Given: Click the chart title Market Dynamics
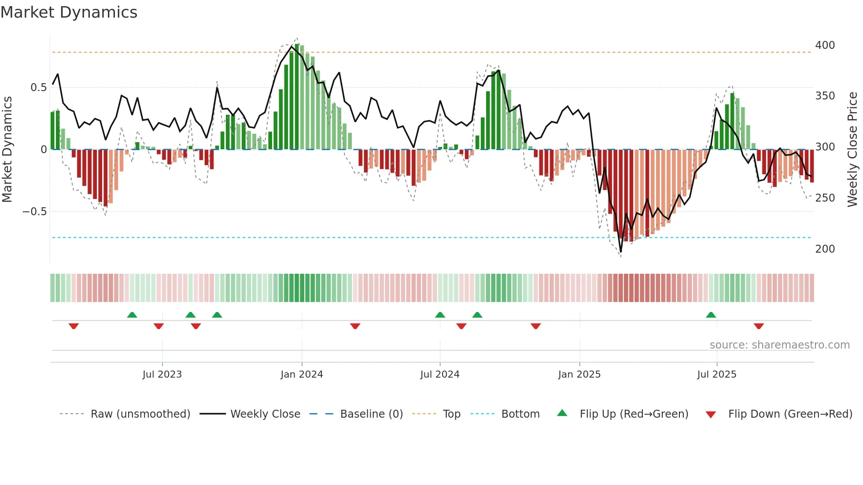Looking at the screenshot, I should point(69,12).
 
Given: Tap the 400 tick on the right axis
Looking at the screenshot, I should point(825,45).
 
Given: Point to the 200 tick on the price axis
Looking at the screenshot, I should point(825,249).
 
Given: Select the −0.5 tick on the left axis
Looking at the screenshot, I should point(34,212).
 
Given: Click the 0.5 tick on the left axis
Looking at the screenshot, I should point(38,88).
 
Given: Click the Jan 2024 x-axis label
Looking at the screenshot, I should point(302,375).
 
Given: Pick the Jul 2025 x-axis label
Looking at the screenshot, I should point(716,375).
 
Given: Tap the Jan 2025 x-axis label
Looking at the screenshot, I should point(579,375).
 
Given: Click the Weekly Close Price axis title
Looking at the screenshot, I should point(852,150).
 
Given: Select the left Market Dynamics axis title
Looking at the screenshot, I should point(7,150).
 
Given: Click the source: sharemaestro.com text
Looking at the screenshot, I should point(779,345).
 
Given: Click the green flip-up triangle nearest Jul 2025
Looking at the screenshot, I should point(711,315).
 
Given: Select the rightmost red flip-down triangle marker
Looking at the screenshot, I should point(758,326).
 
